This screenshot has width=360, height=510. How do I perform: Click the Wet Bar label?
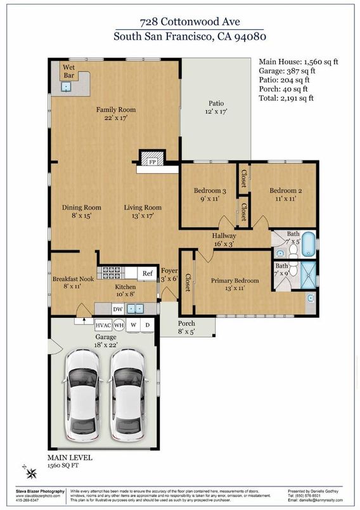point(68,71)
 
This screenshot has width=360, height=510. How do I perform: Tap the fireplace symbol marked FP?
point(152,161)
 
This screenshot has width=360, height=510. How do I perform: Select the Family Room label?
point(116,114)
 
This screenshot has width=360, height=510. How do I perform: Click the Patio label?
point(216,108)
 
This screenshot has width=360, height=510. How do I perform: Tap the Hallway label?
point(224,240)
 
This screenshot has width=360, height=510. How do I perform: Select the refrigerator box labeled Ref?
point(147,274)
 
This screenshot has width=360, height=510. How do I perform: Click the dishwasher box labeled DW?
point(117,309)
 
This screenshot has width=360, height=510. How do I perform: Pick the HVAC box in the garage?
point(103,325)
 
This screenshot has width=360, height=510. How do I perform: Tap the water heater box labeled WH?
point(119,325)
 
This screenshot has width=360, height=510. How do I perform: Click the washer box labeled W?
point(133,325)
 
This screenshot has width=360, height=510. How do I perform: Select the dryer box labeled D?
point(148,325)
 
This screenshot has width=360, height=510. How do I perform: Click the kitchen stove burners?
point(112,273)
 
